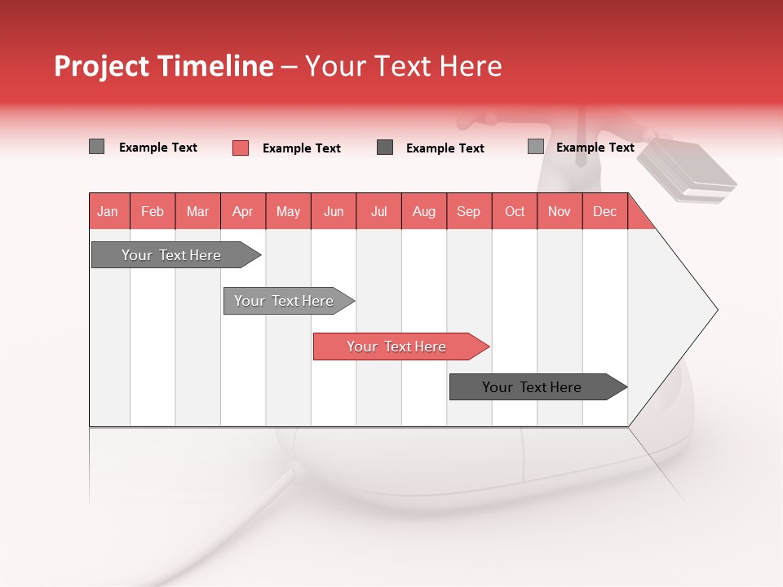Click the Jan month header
pos(108,211)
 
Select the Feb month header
pos(153,211)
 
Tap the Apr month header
pos(242,211)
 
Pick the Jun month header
pos(334,211)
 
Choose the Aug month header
pos(423,211)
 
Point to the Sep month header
pos(468,211)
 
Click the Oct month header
pos(515,211)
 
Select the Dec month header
pos(604,211)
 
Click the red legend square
pos(241,148)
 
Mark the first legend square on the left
pos(96,147)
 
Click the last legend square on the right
pos(535,147)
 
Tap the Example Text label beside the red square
pos(301,148)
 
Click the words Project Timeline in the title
pos(163,66)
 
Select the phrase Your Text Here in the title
pos(403,66)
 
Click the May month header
pos(288,211)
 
